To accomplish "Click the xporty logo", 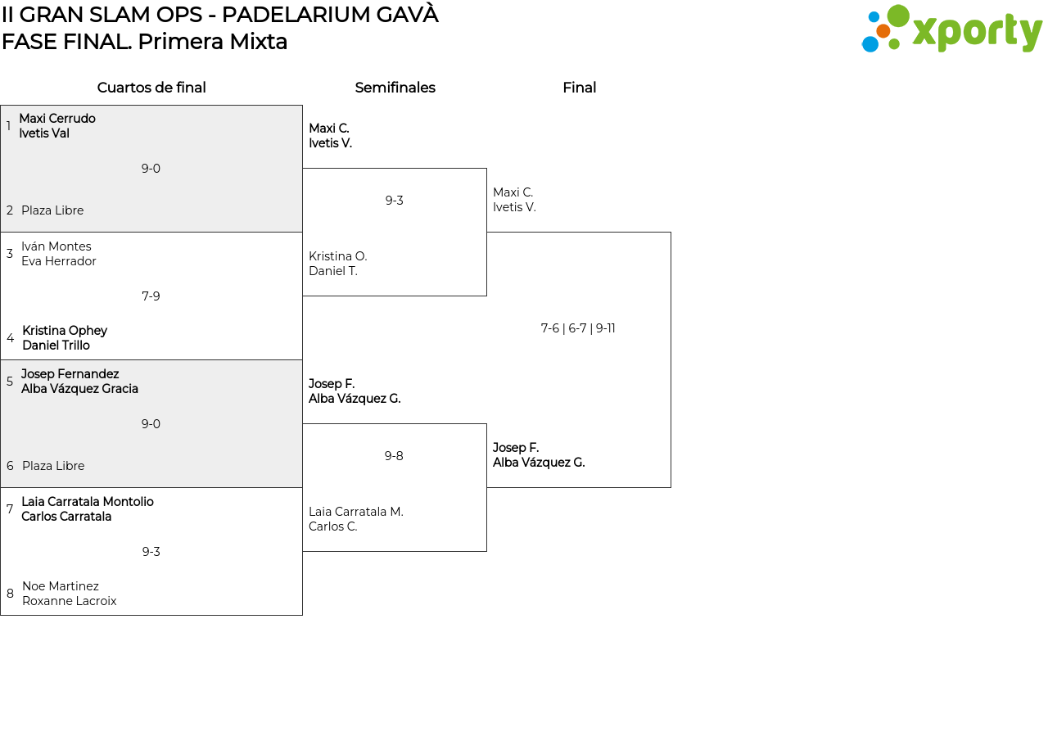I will pyautogui.click(x=951, y=29).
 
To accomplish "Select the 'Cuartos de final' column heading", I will pyautogui.click(x=151, y=88).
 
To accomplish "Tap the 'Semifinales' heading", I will pyautogui.click(x=395, y=88).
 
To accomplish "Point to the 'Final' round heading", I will pyautogui.click(x=579, y=88).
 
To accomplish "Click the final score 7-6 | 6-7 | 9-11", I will pyautogui.click(x=578, y=328).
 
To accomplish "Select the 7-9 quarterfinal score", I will pyautogui.click(x=151, y=296).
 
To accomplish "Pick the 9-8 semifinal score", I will pyautogui.click(x=394, y=456).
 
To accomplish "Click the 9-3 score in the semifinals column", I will pyautogui.click(x=395, y=201).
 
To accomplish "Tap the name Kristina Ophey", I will pyautogui.click(x=65, y=331).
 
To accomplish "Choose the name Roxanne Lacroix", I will pyautogui.click(x=70, y=601).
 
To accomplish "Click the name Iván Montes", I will pyautogui.click(x=56, y=246).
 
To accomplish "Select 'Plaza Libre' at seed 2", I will pyautogui.click(x=52, y=210).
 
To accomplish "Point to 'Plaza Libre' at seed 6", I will pyautogui.click(x=53, y=466).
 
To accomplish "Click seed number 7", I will pyautogui.click(x=10, y=509).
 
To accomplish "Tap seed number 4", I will pyautogui.click(x=10, y=338).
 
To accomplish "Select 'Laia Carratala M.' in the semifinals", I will pyautogui.click(x=356, y=512).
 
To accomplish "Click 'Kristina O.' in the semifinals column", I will pyautogui.click(x=338, y=256).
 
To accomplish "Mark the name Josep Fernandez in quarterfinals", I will pyautogui.click(x=70, y=374).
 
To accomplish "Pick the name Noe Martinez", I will pyautogui.click(x=61, y=586).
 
